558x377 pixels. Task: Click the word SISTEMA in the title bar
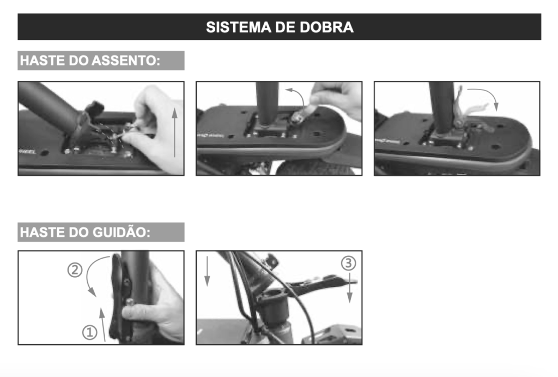pyautogui.click(x=235, y=27)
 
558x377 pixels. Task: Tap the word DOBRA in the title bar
pyautogui.click(x=327, y=27)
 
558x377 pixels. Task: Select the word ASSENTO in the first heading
pyautogui.click(x=130, y=61)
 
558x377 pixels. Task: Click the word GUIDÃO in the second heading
pyautogui.click(x=122, y=232)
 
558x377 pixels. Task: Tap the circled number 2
pyautogui.click(x=75, y=270)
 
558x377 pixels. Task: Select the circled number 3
pyautogui.click(x=349, y=264)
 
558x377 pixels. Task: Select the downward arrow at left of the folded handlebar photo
pyautogui.click(x=207, y=272)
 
